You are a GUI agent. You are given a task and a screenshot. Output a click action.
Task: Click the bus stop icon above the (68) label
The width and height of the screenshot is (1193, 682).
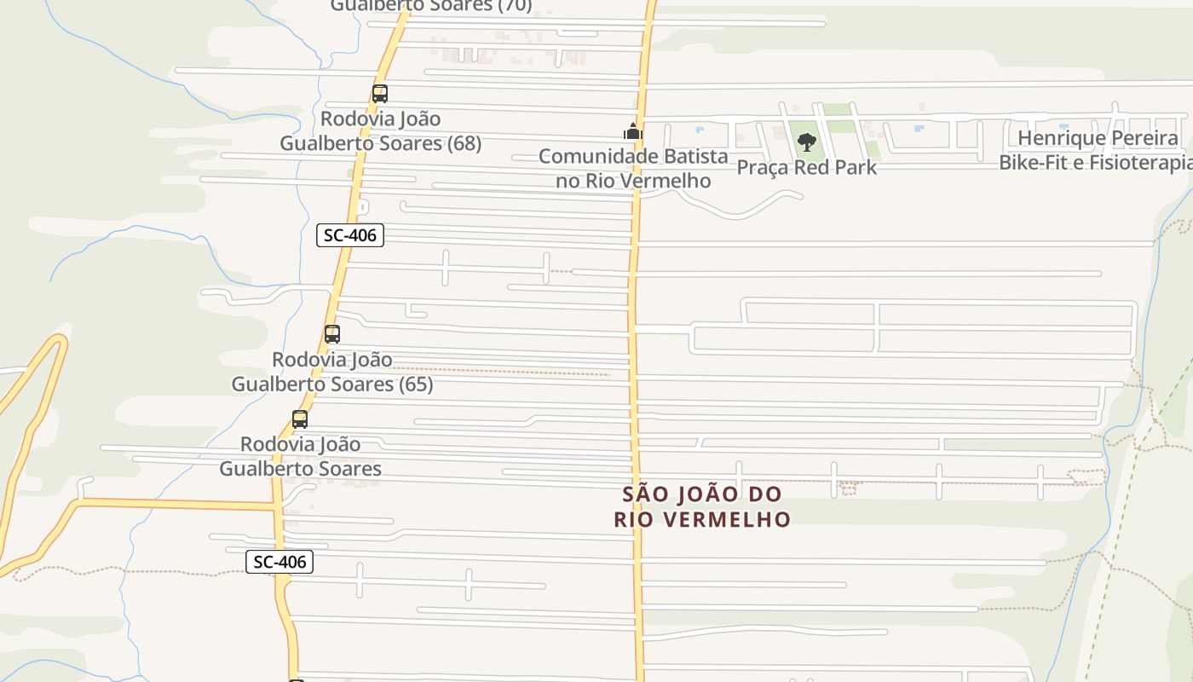coord(380,94)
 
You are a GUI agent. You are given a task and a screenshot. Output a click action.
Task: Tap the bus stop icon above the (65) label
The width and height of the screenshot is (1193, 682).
coord(332,334)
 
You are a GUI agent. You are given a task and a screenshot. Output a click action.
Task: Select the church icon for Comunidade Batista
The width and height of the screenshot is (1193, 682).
coord(632,132)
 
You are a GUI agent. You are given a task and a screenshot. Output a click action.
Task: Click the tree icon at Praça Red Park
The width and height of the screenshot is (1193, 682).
coord(806,142)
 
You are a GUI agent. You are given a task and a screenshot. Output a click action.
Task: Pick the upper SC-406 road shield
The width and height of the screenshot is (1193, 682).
coord(350,235)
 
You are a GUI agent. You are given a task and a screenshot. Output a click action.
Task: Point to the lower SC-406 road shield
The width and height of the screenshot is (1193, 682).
coord(280,562)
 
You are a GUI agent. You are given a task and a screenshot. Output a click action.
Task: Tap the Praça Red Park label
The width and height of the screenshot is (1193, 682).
coord(806,167)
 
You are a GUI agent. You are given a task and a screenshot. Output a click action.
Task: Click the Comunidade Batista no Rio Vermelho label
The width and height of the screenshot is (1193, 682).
coord(633,168)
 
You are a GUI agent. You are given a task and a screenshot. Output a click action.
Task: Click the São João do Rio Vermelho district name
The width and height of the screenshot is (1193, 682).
coord(702,506)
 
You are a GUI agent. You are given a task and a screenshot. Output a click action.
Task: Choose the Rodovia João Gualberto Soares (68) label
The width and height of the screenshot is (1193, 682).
coord(380,130)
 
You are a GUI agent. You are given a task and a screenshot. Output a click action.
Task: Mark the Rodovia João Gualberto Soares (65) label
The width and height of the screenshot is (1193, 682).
coord(332,372)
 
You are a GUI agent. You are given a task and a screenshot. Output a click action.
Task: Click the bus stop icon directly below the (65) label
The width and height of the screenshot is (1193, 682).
coord(299,419)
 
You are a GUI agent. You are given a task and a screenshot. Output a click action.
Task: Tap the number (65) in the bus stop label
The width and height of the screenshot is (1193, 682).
coord(415,384)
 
